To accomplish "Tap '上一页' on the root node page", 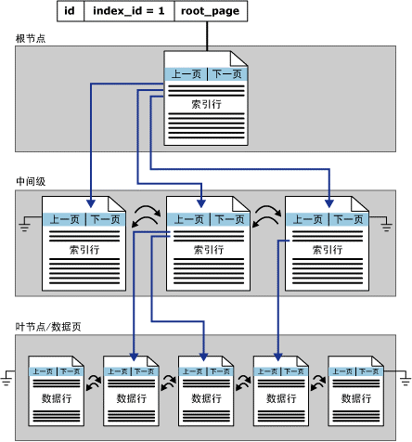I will [186, 73].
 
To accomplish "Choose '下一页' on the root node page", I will [225, 73].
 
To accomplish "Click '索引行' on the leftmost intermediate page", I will [84, 250].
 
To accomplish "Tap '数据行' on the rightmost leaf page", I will [355, 398].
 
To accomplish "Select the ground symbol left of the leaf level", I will [8, 377].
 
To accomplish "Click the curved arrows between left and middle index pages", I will [146, 217].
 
